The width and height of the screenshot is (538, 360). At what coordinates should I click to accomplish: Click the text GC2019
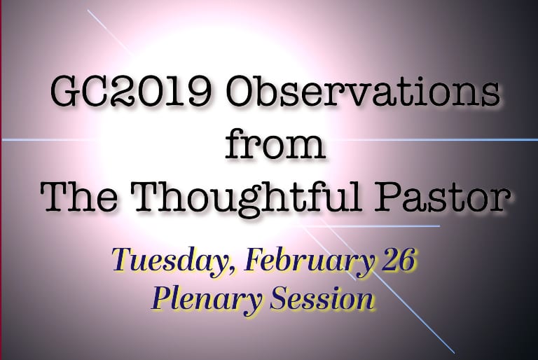[130, 92]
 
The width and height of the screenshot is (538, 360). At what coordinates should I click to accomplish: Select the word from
[275, 144]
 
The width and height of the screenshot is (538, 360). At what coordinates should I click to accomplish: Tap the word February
[309, 261]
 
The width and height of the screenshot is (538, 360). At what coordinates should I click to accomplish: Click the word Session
[322, 298]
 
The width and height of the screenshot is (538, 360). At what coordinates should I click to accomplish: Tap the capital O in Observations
[240, 92]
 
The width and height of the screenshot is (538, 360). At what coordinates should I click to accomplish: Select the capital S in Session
[280, 298]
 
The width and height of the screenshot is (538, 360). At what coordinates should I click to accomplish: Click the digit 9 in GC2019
[198, 92]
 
